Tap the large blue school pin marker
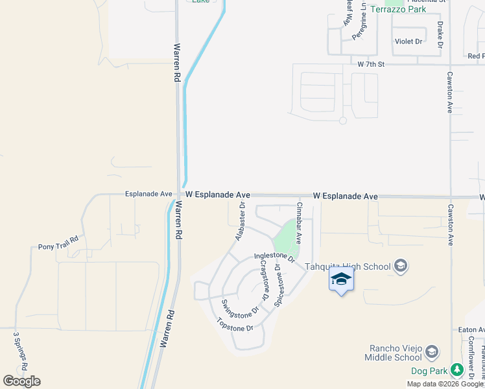pos(342,279)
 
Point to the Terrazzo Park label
pos(399,9)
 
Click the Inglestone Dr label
pos(274,257)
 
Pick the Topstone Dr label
pos(234,328)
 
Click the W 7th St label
pos(371,64)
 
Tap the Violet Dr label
pos(408,41)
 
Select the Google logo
pos(21,381)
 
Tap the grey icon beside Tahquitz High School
pos(401,266)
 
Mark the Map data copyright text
pos(445,384)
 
